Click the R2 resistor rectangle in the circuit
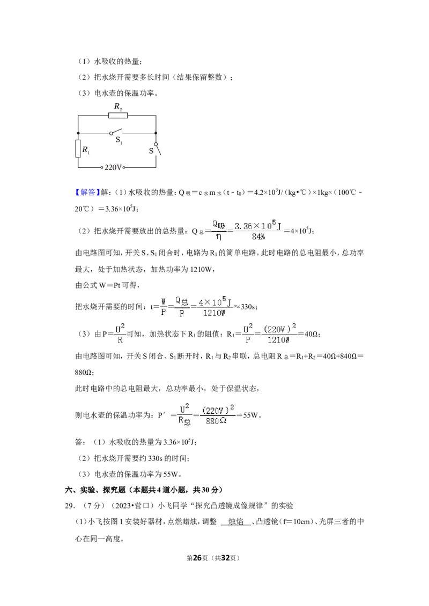[x=118, y=115]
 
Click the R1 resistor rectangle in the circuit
[x=78, y=149]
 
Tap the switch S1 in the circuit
[x=116, y=132]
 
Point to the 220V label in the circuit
[x=113, y=168]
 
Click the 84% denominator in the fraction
[x=258, y=237]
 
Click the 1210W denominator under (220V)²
[x=278, y=340]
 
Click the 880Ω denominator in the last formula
[x=216, y=421]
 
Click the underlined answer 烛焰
[x=236, y=522]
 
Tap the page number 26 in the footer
[x=197, y=558]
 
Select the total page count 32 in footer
[x=225, y=558]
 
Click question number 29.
[x=70, y=505]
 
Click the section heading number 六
[x=69, y=490]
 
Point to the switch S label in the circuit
[x=151, y=151]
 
